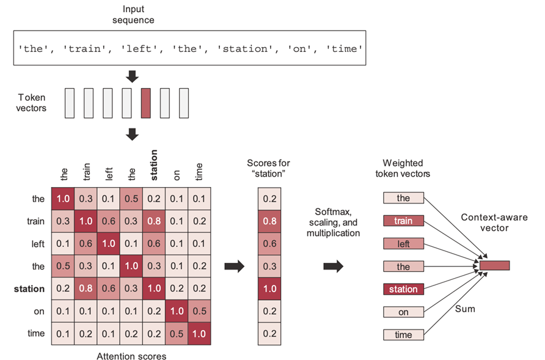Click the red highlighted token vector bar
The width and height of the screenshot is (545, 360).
[x=145, y=103]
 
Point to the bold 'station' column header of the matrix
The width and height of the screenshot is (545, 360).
[x=153, y=165]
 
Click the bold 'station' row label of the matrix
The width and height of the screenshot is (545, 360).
[x=29, y=288]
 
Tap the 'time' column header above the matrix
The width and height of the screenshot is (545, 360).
[x=198, y=171]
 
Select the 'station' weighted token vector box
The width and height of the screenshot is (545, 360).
[x=403, y=288]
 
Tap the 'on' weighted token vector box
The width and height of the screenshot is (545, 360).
[x=403, y=312]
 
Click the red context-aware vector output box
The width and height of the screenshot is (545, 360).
[x=494, y=266]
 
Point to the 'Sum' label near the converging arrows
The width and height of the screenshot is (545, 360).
[x=465, y=309]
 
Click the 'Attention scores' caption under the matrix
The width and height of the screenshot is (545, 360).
[x=131, y=354]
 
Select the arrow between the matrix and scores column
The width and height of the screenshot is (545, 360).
[x=235, y=266]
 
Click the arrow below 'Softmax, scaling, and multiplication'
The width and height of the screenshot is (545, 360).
[x=332, y=266]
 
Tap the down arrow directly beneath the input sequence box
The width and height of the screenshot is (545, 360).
[x=132, y=76]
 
